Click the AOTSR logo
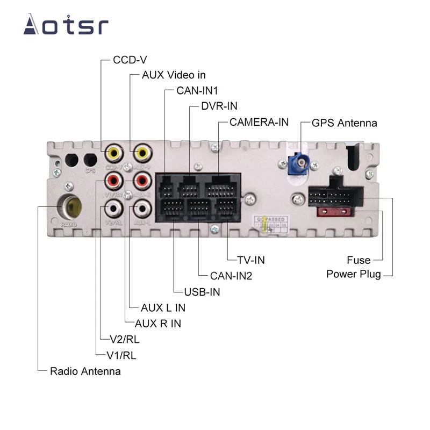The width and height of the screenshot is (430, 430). click(x=66, y=25)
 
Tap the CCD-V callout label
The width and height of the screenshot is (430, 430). click(x=130, y=60)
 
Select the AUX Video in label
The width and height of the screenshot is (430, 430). click(x=174, y=75)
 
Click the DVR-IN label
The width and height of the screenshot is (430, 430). click(x=219, y=106)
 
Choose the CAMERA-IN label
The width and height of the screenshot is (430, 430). click(x=259, y=121)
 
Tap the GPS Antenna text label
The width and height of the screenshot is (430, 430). click(x=345, y=123)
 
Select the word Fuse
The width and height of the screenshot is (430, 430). click(x=359, y=260)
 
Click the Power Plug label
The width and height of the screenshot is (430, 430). click(x=354, y=274)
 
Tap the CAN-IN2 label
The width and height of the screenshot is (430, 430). click(x=231, y=276)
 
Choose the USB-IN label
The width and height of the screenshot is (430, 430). click(x=202, y=292)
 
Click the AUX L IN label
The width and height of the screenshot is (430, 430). click(x=163, y=308)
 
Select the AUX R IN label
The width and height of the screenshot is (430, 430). click(x=158, y=324)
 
